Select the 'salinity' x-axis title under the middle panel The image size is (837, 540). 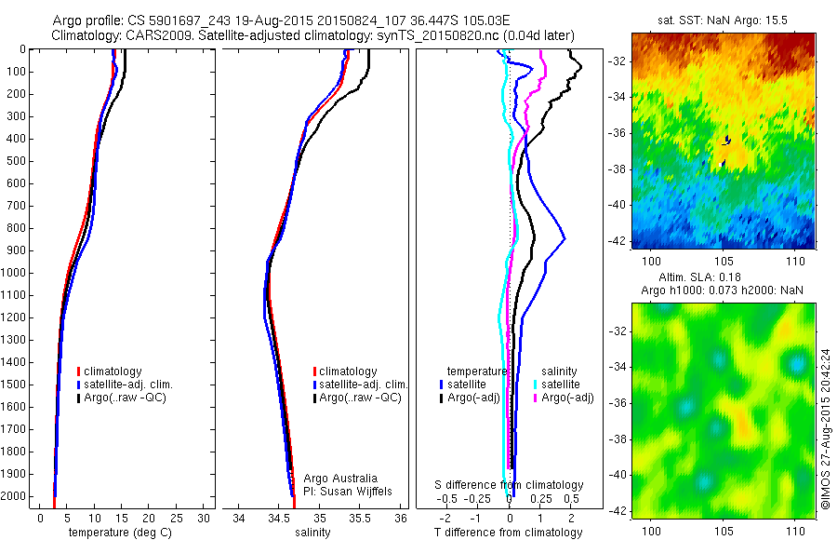[311, 533]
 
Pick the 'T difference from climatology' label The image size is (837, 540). [509, 533]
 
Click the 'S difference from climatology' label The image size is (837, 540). [509, 485]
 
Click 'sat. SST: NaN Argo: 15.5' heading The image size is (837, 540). [723, 20]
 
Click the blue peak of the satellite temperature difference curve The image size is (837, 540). [564, 239]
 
